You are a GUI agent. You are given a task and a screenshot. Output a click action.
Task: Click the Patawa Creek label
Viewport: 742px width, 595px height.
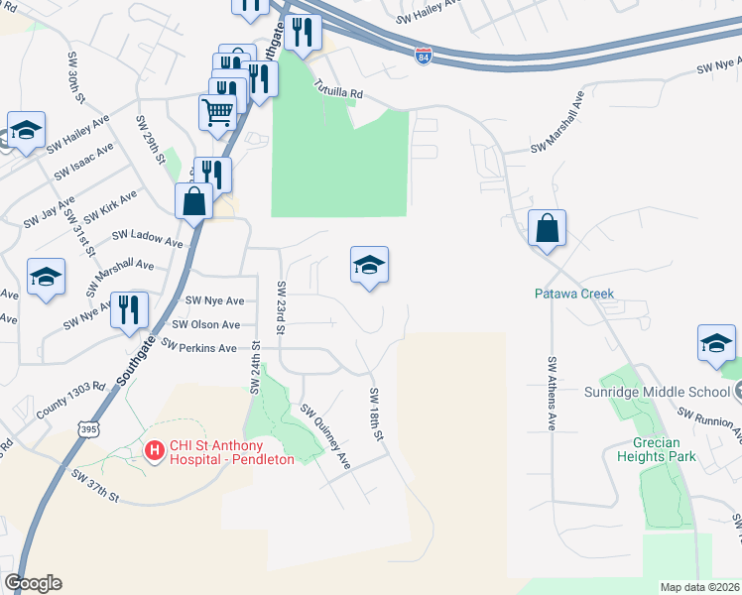(574, 294)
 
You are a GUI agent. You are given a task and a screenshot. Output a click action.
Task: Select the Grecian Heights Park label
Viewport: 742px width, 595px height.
(656, 450)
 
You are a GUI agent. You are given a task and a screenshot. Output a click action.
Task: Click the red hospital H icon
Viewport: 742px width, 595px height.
(155, 451)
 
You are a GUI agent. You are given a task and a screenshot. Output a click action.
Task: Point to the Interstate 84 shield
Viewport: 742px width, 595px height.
(424, 56)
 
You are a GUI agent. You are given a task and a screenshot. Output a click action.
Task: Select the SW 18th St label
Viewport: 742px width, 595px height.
(376, 414)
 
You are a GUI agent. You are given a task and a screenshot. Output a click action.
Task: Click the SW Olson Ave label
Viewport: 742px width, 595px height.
(206, 324)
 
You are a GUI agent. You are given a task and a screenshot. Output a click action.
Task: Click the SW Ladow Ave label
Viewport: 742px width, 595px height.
(148, 238)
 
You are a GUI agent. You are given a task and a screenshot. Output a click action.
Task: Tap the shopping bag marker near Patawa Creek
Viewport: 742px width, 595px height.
(547, 230)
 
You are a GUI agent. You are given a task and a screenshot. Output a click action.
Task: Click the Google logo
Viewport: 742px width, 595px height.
(33, 583)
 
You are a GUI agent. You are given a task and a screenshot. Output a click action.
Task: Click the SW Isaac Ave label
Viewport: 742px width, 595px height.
(83, 161)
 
